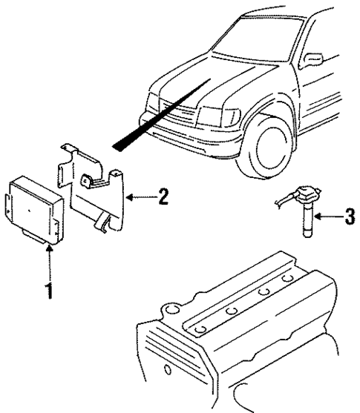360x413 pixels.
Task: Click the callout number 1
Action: (x=49, y=290)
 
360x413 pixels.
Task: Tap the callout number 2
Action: (x=163, y=197)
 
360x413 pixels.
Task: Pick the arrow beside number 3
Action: (x=325, y=217)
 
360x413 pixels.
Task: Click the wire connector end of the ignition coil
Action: (x=280, y=196)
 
